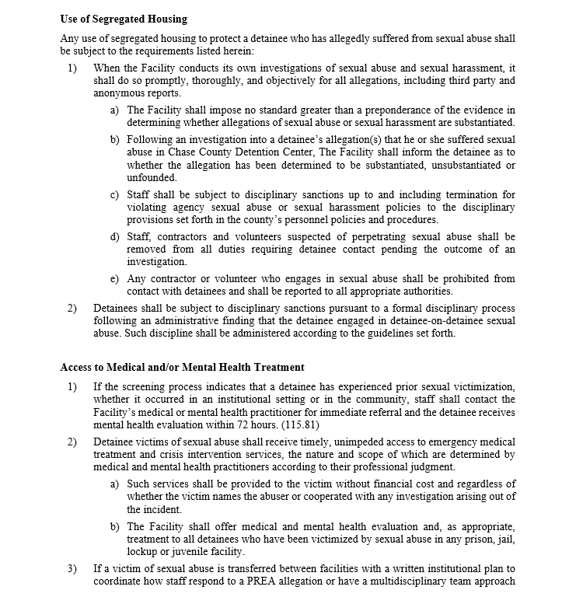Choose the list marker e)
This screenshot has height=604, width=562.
114,279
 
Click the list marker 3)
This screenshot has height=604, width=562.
72,569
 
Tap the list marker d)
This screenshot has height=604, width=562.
114,236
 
